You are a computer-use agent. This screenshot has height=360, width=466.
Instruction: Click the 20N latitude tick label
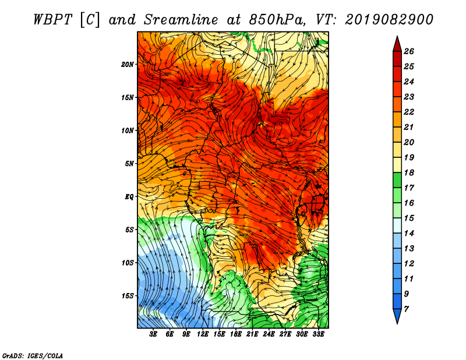(128, 65)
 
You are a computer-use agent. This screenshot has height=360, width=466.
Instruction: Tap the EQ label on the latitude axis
(129, 197)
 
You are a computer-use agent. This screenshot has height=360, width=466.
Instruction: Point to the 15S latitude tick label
(128, 296)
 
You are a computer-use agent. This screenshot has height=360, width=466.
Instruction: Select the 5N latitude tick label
(129, 164)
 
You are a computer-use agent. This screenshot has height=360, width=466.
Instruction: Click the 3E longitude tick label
(153, 334)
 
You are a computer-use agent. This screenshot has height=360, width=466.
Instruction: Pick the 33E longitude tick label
(318, 334)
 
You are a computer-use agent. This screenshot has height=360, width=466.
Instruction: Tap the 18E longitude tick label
(236, 334)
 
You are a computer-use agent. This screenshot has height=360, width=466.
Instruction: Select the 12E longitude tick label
(203, 334)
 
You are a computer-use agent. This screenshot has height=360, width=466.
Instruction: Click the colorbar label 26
(409, 51)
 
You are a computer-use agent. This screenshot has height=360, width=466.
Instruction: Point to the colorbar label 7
(406, 309)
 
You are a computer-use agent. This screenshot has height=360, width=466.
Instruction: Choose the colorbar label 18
(409, 172)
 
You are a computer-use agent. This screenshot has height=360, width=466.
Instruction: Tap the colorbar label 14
(409, 234)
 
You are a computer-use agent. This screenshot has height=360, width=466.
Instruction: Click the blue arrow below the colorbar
(397, 316)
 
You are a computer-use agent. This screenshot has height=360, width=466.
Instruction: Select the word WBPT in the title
(53, 20)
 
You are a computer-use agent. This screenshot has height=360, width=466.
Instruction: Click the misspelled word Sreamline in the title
(181, 20)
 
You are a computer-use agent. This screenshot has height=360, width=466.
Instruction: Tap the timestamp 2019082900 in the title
(389, 20)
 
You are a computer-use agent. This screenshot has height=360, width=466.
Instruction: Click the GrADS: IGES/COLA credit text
(33, 356)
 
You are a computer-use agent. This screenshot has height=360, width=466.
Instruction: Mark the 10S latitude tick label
(128, 263)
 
